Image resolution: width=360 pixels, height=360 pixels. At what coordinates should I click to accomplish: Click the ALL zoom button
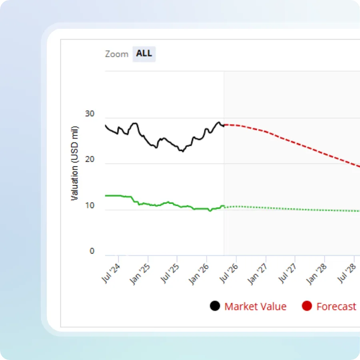(x=144, y=54)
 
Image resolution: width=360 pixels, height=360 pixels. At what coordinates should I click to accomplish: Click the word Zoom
(x=117, y=54)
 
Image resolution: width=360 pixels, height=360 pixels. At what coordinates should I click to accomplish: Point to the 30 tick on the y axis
(x=90, y=114)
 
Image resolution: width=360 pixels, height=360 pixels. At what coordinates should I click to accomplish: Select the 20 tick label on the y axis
(x=90, y=160)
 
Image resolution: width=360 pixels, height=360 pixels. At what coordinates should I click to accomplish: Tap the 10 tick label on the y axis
(x=90, y=206)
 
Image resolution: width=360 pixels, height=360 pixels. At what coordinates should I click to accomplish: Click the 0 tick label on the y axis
(x=92, y=251)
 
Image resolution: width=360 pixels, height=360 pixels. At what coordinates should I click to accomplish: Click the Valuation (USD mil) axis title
(x=75, y=163)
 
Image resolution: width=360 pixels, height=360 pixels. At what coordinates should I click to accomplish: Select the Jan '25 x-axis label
(x=140, y=274)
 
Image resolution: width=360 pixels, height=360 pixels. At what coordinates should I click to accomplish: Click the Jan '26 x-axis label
(x=199, y=274)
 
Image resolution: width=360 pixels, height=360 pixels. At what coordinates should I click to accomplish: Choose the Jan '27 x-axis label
(x=258, y=274)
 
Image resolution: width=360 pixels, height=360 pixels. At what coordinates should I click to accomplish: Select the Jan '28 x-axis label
(x=316, y=274)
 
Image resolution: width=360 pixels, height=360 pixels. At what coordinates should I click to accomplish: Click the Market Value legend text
(x=255, y=307)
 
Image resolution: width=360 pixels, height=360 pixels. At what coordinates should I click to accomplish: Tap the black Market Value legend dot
(x=215, y=306)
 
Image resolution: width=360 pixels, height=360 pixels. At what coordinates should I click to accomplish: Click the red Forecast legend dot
(x=307, y=306)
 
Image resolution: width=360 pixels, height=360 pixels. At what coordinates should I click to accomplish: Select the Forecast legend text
(x=336, y=307)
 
